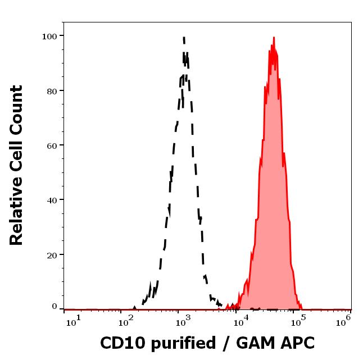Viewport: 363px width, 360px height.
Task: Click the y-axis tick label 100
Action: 49,37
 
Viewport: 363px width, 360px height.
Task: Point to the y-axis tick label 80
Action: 51,91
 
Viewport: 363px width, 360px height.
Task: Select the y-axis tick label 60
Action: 51,145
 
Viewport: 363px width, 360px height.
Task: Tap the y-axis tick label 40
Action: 51,200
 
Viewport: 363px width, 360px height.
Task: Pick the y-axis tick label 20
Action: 51,254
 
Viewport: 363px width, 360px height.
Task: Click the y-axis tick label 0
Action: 55,307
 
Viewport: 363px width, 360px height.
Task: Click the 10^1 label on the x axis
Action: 74,321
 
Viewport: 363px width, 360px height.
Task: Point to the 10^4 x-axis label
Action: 242,321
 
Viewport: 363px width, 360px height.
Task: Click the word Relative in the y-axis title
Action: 17,216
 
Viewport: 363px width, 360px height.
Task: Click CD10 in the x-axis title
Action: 120,343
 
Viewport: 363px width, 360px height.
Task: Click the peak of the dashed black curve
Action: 184,38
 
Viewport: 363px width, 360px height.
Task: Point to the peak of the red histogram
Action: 274,38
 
